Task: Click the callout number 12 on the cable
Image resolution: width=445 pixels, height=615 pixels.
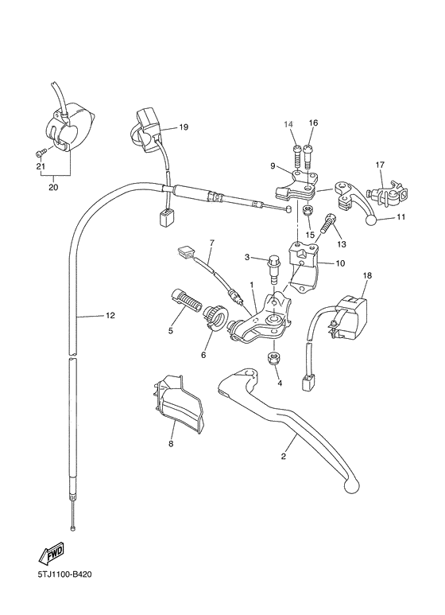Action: click(x=110, y=316)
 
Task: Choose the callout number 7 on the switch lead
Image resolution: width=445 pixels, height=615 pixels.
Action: click(x=212, y=242)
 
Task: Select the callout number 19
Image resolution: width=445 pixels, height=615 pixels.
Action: click(x=183, y=127)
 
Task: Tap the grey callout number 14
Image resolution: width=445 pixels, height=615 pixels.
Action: click(x=289, y=123)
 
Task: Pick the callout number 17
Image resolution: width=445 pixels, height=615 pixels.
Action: click(x=380, y=165)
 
